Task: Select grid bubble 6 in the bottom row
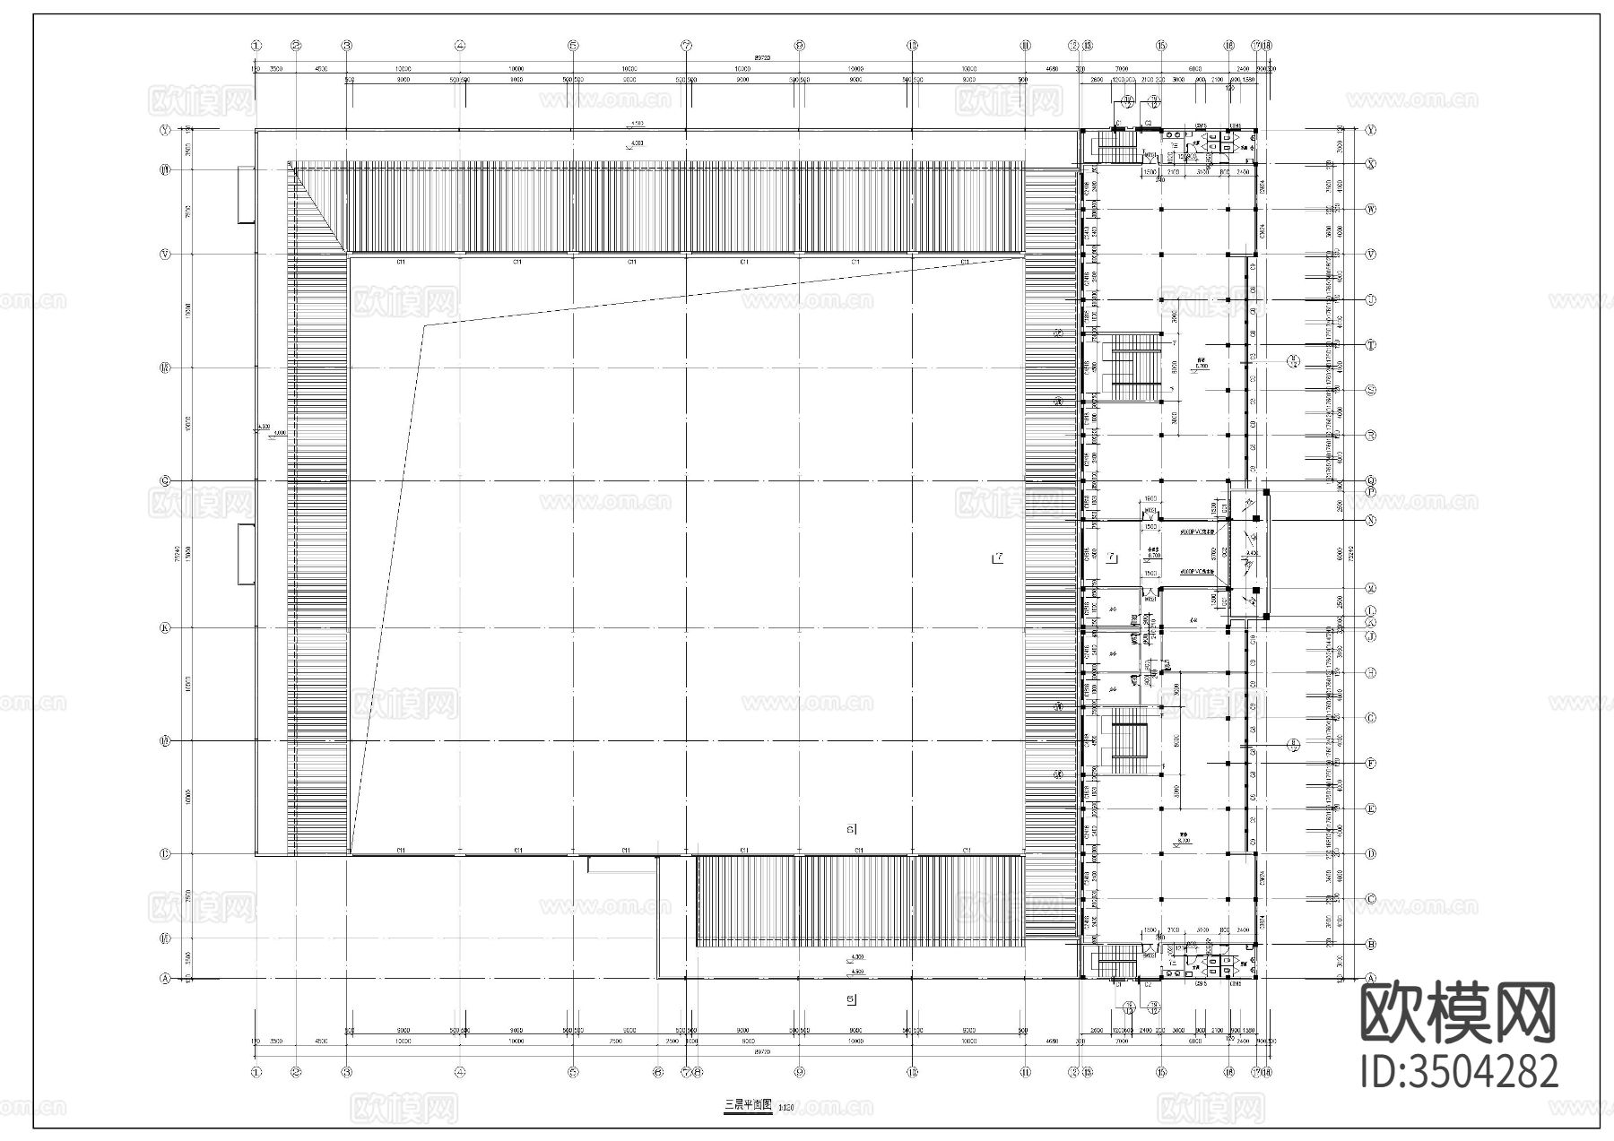pyautogui.click(x=658, y=1072)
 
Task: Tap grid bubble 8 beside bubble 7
pyautogui.click(x=698, y=1072)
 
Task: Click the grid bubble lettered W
pyautogui.click(x=1371, y=210)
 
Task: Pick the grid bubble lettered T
pyautogui.click(x=1371, y=345)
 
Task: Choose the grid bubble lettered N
pyautogui.click(x=1371, y=520)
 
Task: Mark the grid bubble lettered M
pyautogui.click(x=1371, y=589)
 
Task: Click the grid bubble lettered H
pyautogui.click(x=1371, y=672)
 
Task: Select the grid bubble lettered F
pyautogui.click(x=1371, y=764)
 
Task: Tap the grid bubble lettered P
pyautogui.click(x=1371, y=491)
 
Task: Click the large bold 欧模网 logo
pyautogui.click(x=1458, y=1014)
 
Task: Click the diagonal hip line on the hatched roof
pyautogui.click(x=318, y=209)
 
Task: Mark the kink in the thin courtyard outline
pyautogui.click(x=423, y=325)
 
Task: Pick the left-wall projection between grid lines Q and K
pyautogui.click(x=246, y=554)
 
